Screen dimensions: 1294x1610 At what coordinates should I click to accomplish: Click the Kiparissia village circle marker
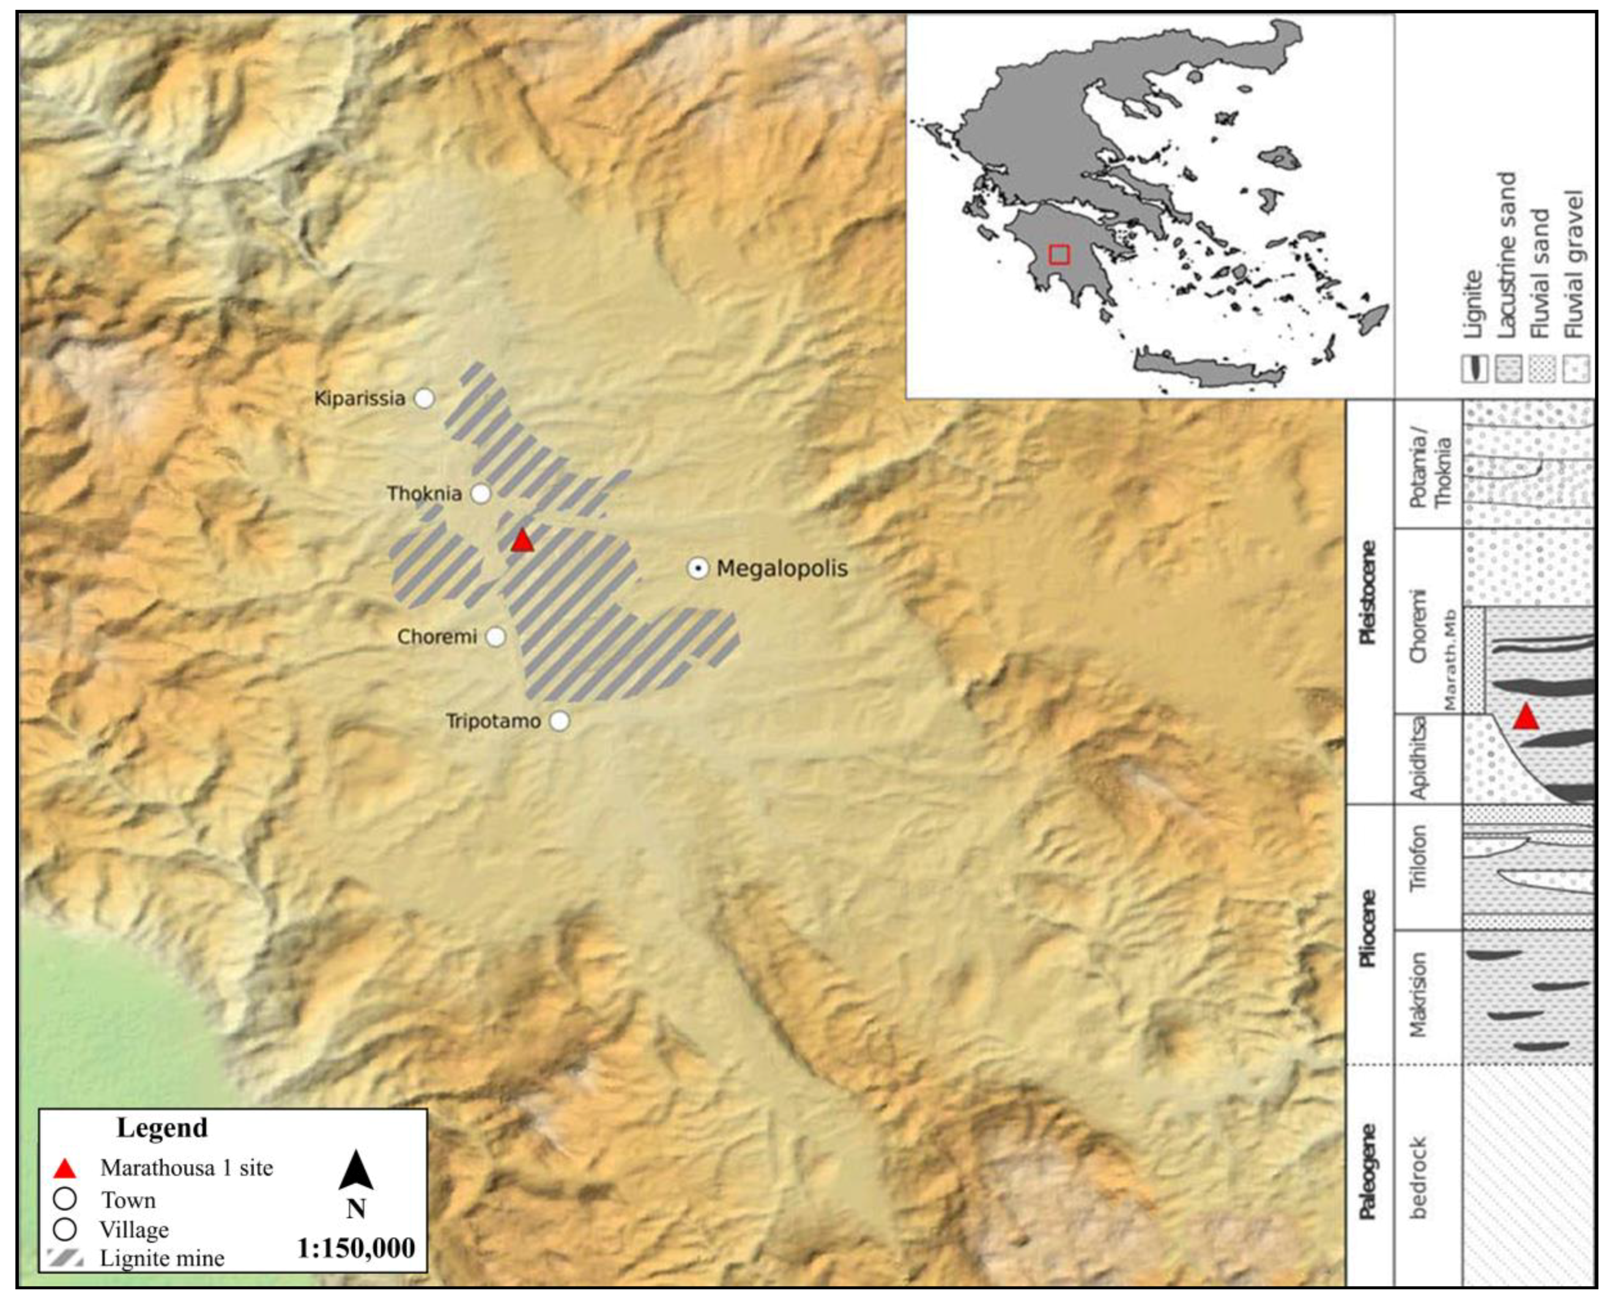(x=424, y=398)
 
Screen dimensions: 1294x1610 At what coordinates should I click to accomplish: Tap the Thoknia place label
(x=424, y=494)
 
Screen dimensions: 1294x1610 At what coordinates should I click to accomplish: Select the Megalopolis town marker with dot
(x=697, y=569)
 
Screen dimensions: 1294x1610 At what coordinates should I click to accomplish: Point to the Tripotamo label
(x=493, y=721)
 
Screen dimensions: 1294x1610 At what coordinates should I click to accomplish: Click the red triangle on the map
(x=522, y=541)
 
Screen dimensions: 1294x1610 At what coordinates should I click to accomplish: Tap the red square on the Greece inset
(x=1059, y=254)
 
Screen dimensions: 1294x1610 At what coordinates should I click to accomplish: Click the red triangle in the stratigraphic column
(x=1526, y=717)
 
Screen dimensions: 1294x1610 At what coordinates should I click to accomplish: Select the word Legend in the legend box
(x=162, y=1128)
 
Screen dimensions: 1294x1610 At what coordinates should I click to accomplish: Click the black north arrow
(x=355, y=1170)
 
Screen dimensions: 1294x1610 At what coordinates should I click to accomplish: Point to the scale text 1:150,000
(x=355, y=1248)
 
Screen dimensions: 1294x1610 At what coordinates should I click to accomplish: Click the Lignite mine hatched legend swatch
(x=65, y=1258)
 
